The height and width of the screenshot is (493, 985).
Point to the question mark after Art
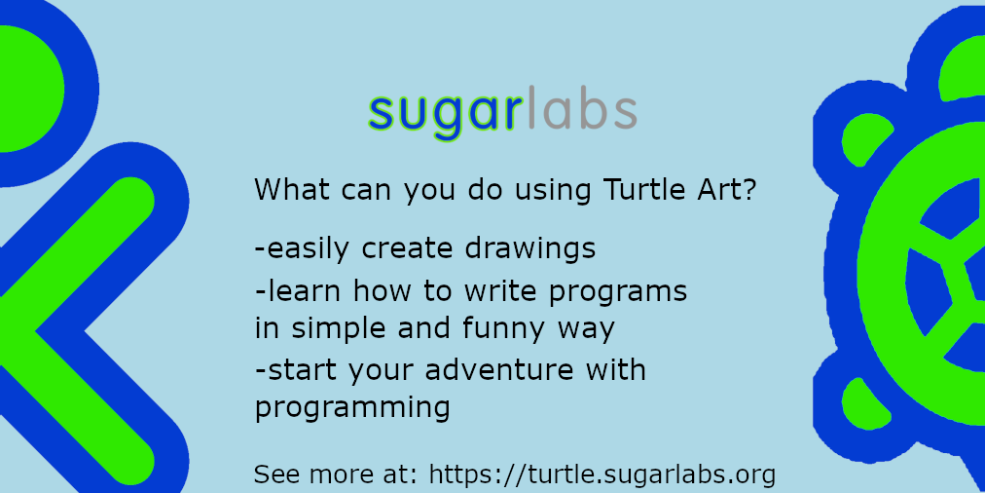[x=748, y=189]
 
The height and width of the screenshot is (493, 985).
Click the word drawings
[x=530, y=248]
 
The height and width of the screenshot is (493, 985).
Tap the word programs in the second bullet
[x=618, y=292]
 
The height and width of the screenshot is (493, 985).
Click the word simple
[x=336, y=329]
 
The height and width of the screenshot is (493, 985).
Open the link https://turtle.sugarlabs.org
[x=602, y=474]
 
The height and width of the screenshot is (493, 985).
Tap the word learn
[x=304, y=291]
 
